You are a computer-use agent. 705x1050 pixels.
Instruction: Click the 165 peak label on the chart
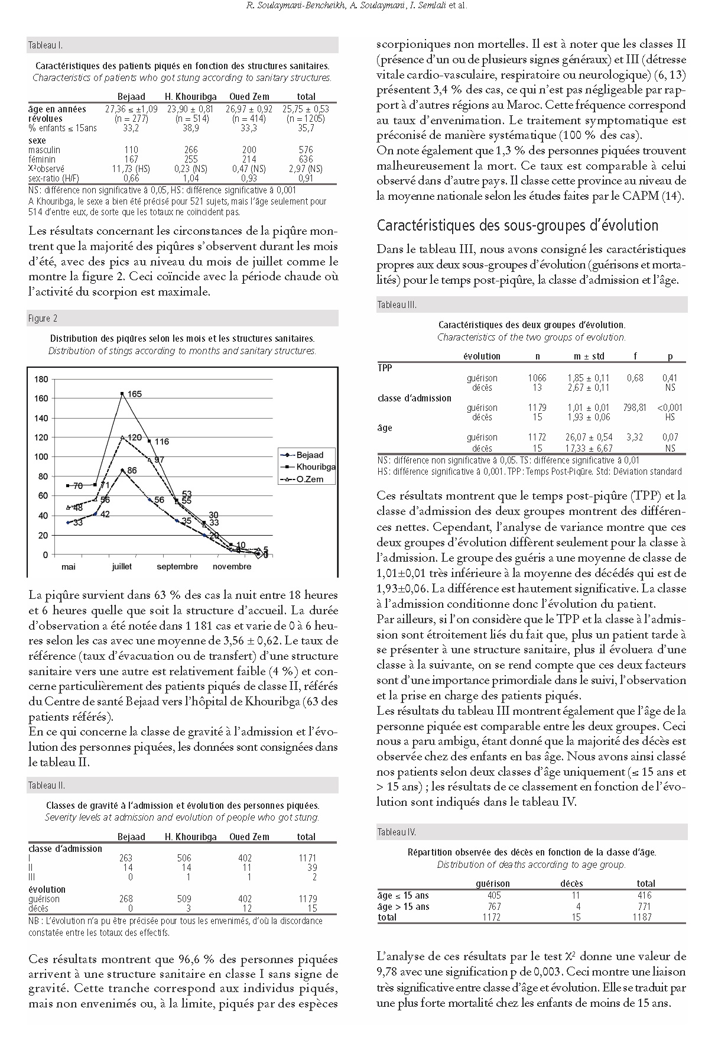pos(135,394)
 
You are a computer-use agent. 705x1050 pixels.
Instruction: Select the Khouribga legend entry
pos(316,467)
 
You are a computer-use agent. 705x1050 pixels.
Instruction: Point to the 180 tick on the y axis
pos(41,379)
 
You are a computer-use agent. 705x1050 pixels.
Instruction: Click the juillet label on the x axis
pos(122,566)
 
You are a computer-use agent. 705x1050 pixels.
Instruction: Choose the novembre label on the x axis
pos(232,566)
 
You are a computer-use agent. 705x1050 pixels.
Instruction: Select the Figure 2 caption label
pos(43,319)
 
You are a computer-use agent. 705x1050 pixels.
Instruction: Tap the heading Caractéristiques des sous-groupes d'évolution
pos(517,225)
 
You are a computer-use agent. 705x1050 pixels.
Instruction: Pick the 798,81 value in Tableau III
pos(634,407)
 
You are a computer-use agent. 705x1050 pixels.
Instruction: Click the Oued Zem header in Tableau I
pos(249,96)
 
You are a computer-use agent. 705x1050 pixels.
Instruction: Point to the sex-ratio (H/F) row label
pos(54,178)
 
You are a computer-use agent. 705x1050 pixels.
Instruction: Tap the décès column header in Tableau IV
pos(571,883)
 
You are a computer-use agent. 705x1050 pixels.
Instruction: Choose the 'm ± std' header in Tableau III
pos(589,357)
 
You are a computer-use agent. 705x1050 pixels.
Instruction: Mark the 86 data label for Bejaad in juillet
pos(132,471)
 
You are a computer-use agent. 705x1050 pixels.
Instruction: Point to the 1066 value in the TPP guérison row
pos(537,378)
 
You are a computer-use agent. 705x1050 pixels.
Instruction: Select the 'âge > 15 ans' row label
pos(404,906)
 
